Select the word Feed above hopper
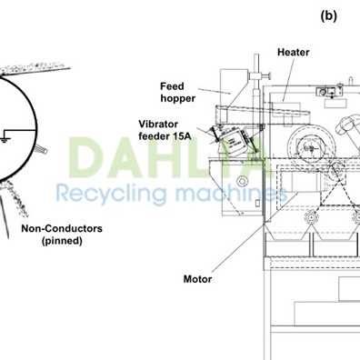173,85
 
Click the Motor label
197,279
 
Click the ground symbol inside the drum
7,138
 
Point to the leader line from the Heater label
288,77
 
